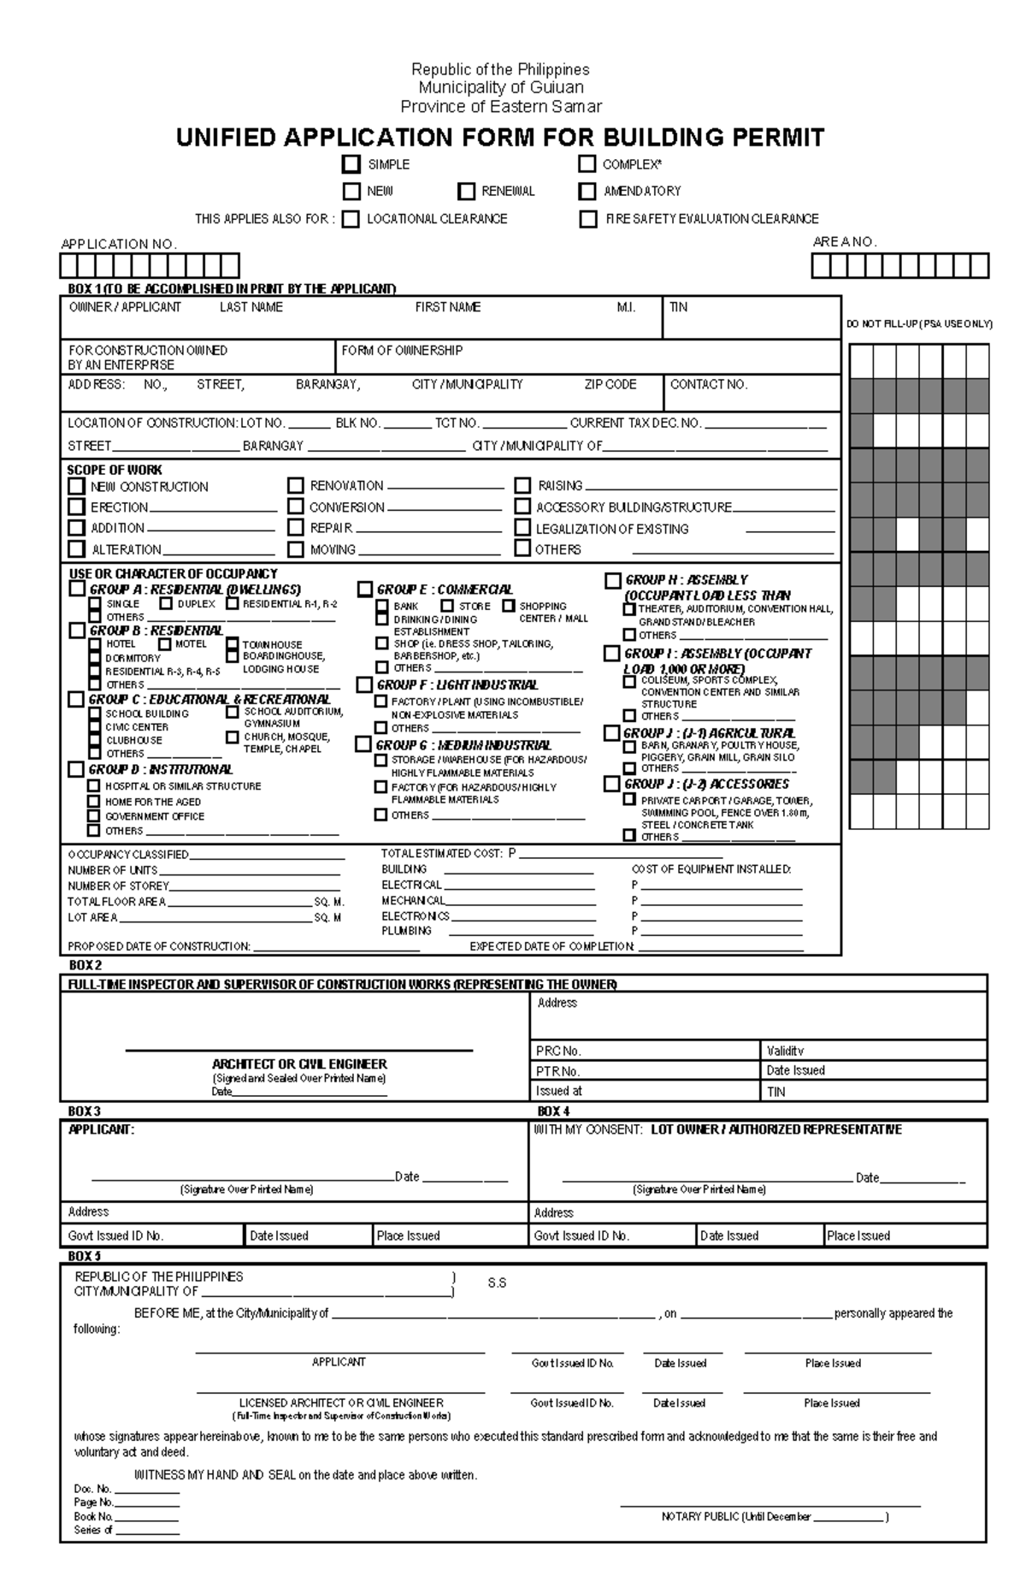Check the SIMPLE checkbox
351,163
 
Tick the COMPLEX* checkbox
587,163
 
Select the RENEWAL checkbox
466,191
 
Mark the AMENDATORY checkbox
587,191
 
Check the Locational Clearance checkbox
351,219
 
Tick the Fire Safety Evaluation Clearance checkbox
588,219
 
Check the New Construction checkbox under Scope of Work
77,486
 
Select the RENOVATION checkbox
296,485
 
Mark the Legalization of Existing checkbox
522,529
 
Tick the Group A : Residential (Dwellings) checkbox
77,589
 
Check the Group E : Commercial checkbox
365,589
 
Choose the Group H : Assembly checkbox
612,580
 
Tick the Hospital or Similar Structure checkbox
94,785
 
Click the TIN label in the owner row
678,307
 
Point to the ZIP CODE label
610,385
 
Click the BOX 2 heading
85,965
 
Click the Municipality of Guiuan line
501,87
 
